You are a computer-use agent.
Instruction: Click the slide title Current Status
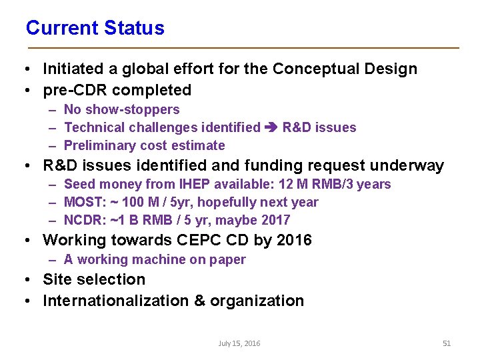95,28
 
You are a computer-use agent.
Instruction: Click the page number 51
447,343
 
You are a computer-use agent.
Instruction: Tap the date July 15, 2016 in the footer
239,343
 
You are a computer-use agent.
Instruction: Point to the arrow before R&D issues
271,127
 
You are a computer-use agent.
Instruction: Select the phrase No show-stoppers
121,109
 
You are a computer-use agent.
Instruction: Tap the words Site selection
94,279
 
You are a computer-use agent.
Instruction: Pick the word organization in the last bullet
257,301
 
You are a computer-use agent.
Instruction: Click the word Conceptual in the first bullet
312,69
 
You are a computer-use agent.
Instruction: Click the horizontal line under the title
243,48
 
